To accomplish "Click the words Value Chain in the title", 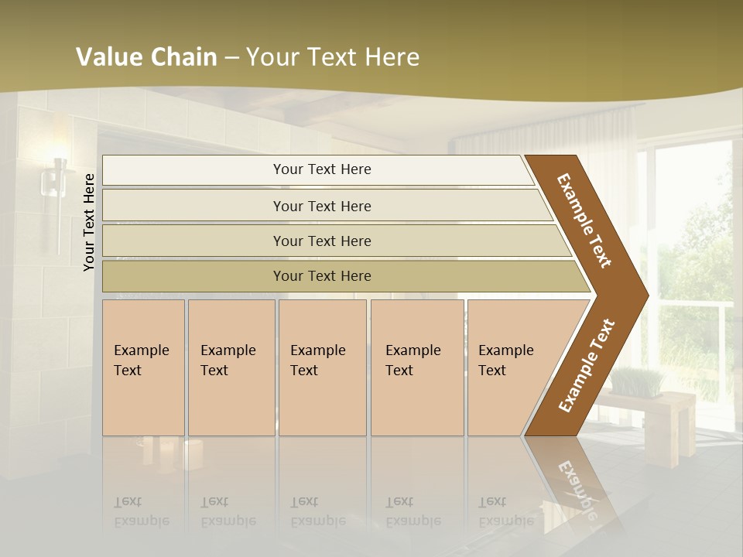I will [146, 57].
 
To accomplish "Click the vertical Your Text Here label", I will [90, 222].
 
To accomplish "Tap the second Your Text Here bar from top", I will [322, 206].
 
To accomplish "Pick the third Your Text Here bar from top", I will [322, 241].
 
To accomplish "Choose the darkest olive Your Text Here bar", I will [322, 276].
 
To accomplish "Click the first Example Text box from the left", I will [143, 367].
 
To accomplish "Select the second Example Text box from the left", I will [231, 367].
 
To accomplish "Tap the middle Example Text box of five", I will [322, 367].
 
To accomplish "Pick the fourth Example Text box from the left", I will [416, 367].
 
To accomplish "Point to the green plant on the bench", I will [639, 381].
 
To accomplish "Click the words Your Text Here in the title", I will [333, 57].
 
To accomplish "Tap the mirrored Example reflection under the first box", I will [141, 521].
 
